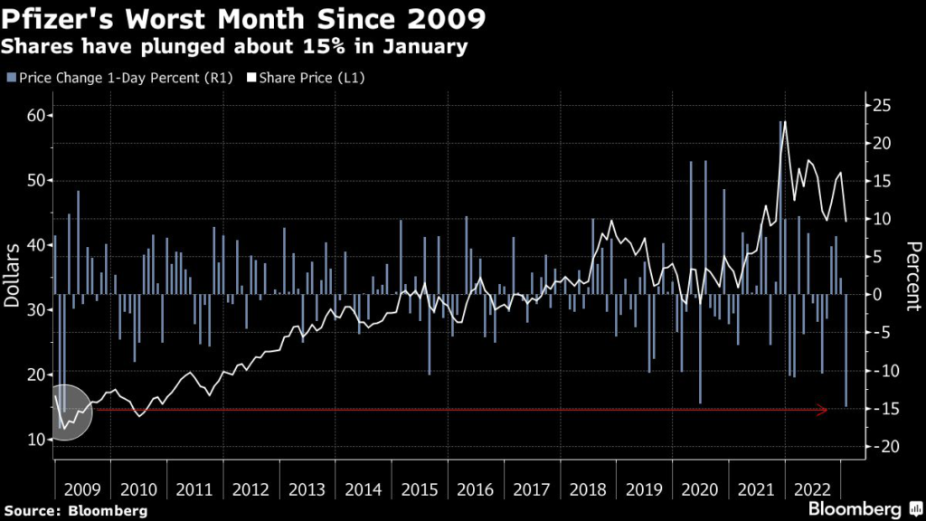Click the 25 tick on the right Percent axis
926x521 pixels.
(882, 105)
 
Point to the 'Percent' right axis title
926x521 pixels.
(912, 276)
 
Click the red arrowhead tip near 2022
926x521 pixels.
(827, 411)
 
